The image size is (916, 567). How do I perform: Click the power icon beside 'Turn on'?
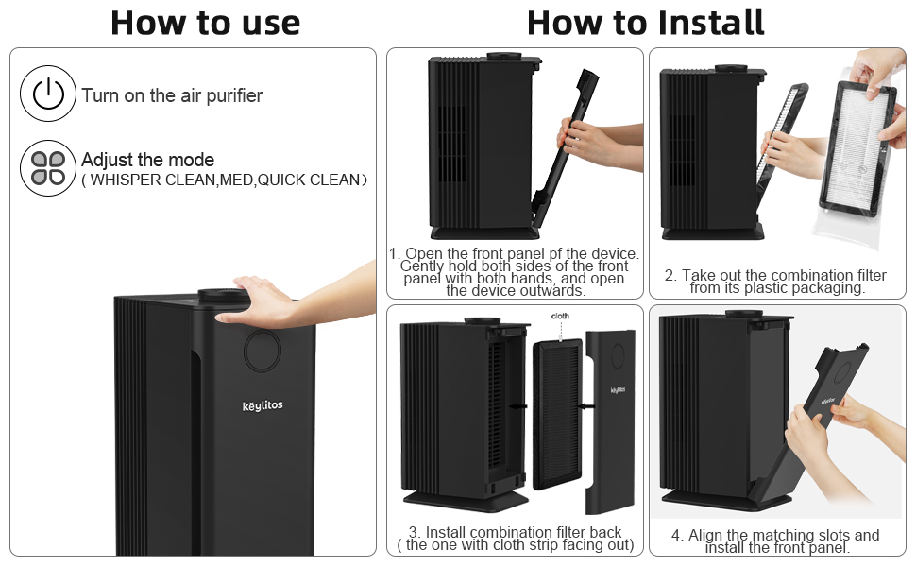tap(47, 94)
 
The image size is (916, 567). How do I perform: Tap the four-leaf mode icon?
tap(47, 168)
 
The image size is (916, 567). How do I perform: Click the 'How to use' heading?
tap(205, 23)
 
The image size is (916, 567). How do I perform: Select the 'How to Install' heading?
tap(646, 23)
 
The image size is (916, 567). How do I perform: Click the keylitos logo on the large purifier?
tap(262, 405)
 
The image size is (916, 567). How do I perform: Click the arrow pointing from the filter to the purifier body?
tap(517, 405)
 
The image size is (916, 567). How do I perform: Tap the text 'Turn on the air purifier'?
tap(172, 95)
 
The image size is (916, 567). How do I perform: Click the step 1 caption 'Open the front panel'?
tap(515, 254)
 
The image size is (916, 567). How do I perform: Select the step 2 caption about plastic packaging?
tap(776, 282)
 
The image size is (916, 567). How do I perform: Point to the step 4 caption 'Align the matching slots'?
tap(776, 541)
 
